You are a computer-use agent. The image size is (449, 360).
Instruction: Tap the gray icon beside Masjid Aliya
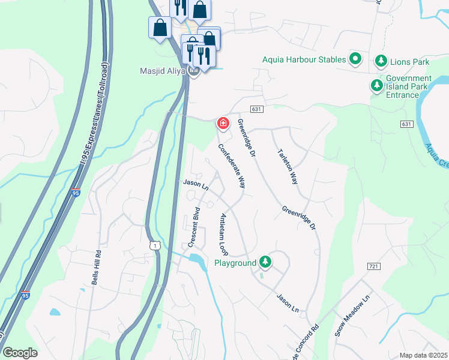pyautogui.click(x=193, y=71)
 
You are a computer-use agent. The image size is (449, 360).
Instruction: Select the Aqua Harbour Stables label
pyautogui.click(x=304, y=59)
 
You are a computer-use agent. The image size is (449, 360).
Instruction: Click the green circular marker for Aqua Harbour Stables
pyautogui.click(x=355, y=59)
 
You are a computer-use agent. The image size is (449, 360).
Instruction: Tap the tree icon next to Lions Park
pyautogui.click(x=381, y=60)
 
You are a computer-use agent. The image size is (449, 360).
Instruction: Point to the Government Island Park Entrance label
pyautogui.click(x=409, y=87)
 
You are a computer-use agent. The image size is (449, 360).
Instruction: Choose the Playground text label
pyautogui.click(x=235, y=263)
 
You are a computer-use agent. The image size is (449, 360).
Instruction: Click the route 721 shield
pyautogui.click(x=373, y=265)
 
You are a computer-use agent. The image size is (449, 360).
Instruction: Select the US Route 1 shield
pyautogui.click(x=155, y=245)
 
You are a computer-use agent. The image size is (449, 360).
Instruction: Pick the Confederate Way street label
pyautogui.click(x=232, y=166)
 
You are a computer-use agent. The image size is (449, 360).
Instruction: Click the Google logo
pyautogui.click(x=20, y=353)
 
